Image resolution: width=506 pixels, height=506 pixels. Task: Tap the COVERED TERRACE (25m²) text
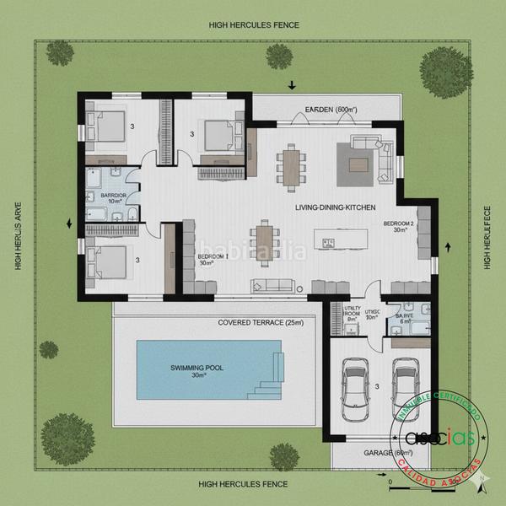[260, 323]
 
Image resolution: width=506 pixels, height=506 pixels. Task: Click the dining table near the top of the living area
[292, 164]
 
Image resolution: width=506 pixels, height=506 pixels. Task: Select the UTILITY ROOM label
[352, 314]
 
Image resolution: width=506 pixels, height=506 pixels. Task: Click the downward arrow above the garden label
[292, 84]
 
